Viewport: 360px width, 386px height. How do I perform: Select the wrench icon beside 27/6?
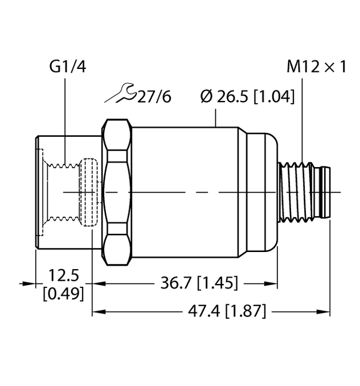(x=120, y=94)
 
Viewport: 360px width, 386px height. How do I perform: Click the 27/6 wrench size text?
(x=154, y=97)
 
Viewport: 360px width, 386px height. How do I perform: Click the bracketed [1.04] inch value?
(x=274, y=97)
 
